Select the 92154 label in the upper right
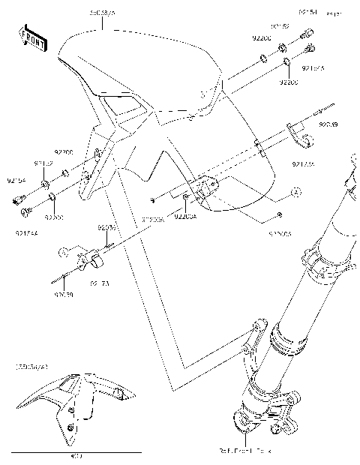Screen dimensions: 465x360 [308, 13]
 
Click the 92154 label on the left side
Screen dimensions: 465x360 [16, 181]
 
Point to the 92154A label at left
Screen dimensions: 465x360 [25, 233]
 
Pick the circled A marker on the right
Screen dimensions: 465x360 [296, 193]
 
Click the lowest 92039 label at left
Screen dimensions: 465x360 [63, 295]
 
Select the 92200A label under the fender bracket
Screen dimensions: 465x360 [184, 217]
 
